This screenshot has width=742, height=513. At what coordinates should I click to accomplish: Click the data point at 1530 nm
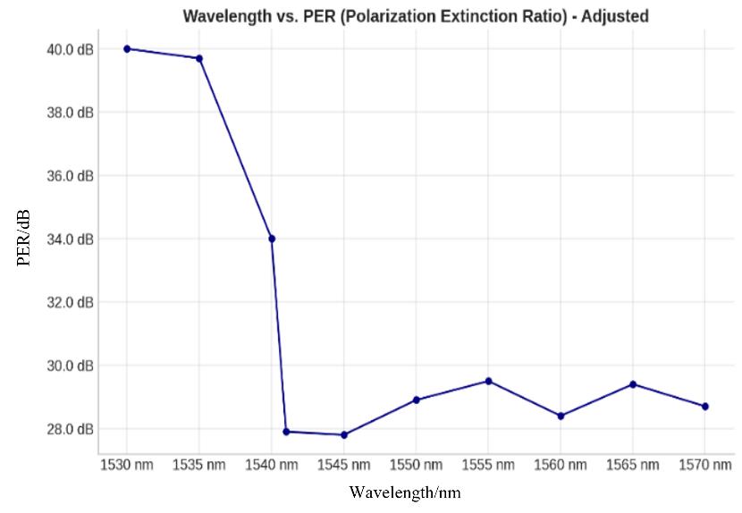pyautogui.click(x=127, y=48)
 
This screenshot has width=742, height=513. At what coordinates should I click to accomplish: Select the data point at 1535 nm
pyautogui.click(x=199, y=58)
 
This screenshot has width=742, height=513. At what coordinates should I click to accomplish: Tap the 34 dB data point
pyautogui.click(x=272, y=239)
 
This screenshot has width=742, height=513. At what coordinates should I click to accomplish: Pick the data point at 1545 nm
pyautogui.click(x=344, y=435)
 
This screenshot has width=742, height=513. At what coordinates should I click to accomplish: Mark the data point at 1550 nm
pyautogui.click(x=417, y=399)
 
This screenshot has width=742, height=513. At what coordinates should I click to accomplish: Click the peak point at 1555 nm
pyautogui.click(x=489, y=381)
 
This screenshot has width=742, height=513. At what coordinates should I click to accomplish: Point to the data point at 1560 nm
pyautogui.click(x=561, y=416)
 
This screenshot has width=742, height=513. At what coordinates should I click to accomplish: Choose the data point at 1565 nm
pyautogui.click(x=633, y=384)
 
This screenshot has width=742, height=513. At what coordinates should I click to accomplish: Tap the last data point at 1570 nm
pyautogui.click(x=705, y=407)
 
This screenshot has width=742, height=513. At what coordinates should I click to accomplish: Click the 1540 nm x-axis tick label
pyautogui.click(x=272, y=465)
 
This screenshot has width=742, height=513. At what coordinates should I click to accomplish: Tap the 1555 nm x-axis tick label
pyautogui.click(x=489, y=465)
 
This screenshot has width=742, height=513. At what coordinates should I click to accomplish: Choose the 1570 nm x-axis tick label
pyautogui.click(x=705, y=465)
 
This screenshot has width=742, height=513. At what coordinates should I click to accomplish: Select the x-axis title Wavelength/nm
pyautogui.click(x=405, y=492)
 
